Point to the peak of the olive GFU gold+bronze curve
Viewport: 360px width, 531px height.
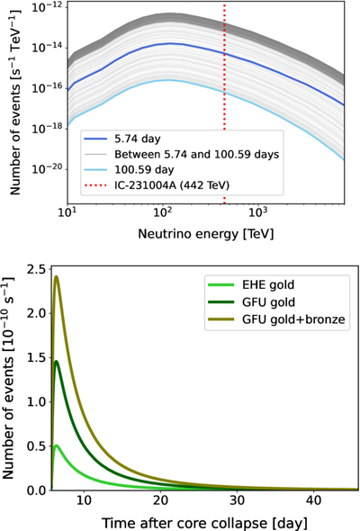click(56, 276)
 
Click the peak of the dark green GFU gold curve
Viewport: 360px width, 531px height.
click(56, 362)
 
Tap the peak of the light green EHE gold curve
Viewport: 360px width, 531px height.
click(56, 445)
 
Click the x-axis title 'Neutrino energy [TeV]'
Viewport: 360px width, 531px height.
click(205, 234)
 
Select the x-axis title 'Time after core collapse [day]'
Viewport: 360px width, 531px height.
click(204, 524)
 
